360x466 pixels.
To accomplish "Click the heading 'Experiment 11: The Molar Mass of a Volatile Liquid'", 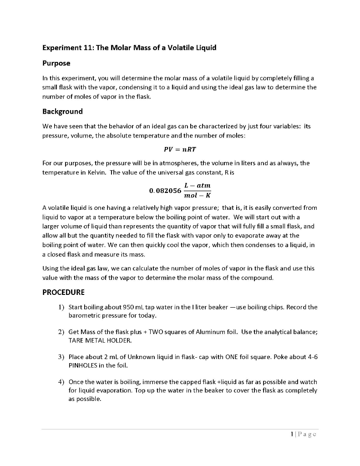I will (129, 48).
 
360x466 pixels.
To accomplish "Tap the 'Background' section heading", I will (62, 111).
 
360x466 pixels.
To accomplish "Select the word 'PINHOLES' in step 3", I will (83, 365).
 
